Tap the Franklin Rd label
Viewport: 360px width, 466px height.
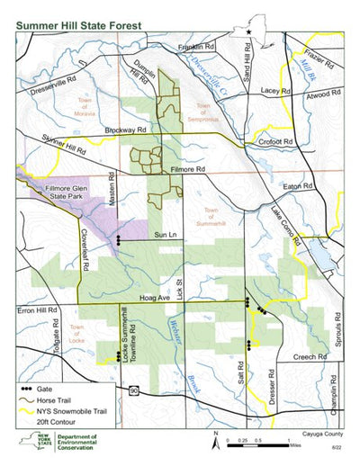pyautogui.click(x=200, y=46)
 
